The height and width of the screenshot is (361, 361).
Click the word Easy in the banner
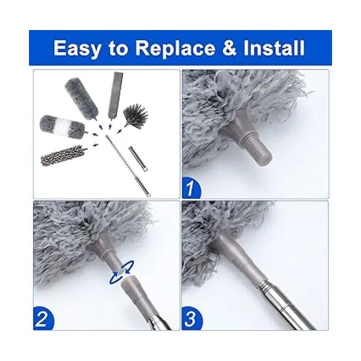[77, 48]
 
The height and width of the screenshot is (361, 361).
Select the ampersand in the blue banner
[229, 48]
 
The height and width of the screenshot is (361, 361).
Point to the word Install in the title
[274, 48]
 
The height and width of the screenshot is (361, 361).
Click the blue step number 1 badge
[191, 188]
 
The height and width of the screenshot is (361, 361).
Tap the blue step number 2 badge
[43, 318]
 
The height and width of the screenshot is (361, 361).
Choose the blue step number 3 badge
[191, 318]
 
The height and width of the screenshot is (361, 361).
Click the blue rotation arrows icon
[122, 273]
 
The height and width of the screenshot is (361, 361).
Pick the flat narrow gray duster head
[115, 94]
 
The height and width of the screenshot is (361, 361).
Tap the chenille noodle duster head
[61, 155]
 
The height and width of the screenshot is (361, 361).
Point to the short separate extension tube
[138, 159]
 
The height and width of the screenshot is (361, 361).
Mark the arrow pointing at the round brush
[120, 131]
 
